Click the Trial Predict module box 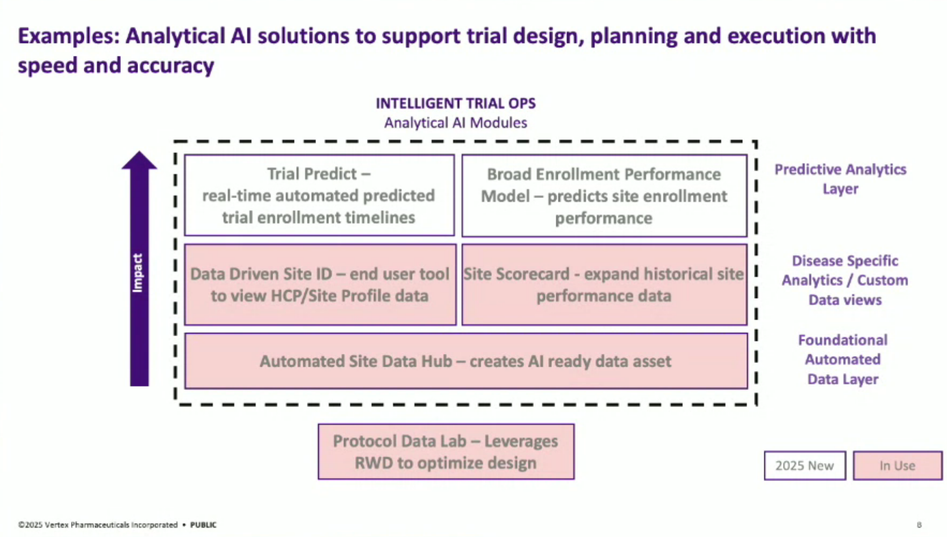pyautogui.click(x=319, y=195)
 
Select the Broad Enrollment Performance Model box pyautogui.click(x=604, y=196)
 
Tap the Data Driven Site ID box pyautogui.click(x=320, y=285)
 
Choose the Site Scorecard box pyautogui.click(x=604, y=285)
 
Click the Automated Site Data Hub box pyautogui.click(x=465, y=361)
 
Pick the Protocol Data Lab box pyautogui.click(x=446, y=452)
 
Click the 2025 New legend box pyautogui.click(x=805, y=466)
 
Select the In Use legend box pyautogui.click(x=897, y=466)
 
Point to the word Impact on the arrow pyautogui.click(x=138, y=273)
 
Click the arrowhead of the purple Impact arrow pyautogui.click(x=139, y=161)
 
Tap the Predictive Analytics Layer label pyautogui.click(x=840, y=179)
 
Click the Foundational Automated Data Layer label pyautogui.click(x=842, y=359)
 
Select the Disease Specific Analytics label pyautogui.click(x=844, y=280)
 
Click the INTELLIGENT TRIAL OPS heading pyautogui.click(x=455, y=103)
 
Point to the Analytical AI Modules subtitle pyautogui.click(x=455, y=123)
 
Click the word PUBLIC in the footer pyautogui.click(x=203, y=525)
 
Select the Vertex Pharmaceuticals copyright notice pyautogui.click(x=98, y=525)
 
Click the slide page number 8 pyautogui.click(x=919, y=525)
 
